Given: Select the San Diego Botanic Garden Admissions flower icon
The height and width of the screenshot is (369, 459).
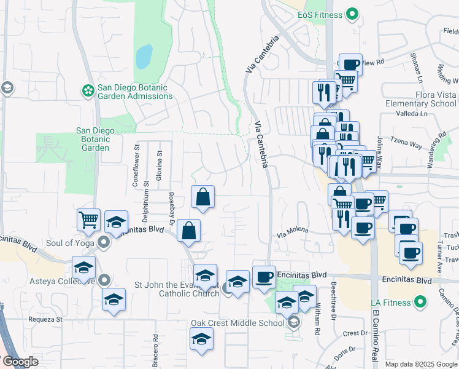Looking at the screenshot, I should coord(88,91).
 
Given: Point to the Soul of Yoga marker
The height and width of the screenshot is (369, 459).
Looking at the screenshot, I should coord(104,243).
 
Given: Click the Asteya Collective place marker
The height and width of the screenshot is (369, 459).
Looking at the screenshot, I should coord(105,280).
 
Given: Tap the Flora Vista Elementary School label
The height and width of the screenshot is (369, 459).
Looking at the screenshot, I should coord(420,99).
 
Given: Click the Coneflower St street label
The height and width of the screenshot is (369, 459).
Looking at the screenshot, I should coord(136,166).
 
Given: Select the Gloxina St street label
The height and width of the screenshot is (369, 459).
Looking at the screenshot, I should coord(159,166).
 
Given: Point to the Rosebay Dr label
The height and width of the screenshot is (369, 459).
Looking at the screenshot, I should coord(172,207).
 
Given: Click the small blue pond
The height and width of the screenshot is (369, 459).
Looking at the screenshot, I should coord(144,57).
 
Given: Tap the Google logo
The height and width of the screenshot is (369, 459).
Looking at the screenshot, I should coord(20,362).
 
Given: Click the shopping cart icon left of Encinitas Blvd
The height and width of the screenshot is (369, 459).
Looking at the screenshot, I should coord(88,220).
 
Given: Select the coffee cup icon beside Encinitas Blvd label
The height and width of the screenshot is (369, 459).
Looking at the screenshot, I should coord(264,277).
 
